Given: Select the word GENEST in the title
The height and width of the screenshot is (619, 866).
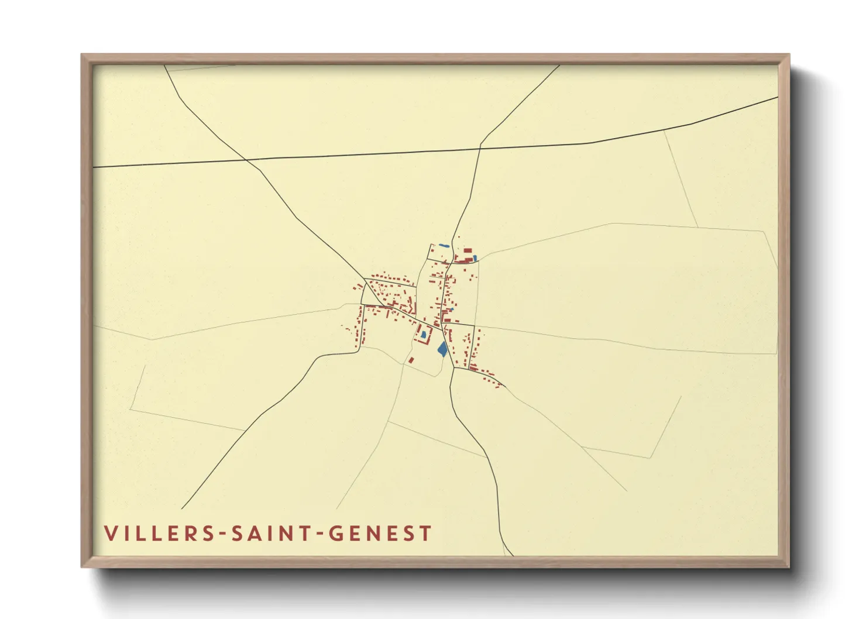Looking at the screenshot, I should pos(380,534).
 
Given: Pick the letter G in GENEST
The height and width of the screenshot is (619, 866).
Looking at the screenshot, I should pos(335,534).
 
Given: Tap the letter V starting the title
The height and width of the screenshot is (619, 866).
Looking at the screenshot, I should pos(110,534).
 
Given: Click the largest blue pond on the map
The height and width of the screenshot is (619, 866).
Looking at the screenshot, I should pos(442,349).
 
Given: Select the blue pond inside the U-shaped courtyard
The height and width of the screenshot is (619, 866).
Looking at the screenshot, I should pos(423,335).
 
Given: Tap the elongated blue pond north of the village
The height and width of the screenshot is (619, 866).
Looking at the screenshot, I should pos(445,245).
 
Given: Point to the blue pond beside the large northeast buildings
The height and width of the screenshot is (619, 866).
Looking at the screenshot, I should pos(475,257).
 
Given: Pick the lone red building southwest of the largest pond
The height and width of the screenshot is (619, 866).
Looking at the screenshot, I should pos(411,360).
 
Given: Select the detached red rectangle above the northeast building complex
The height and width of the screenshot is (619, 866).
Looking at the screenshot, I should pos(468,250).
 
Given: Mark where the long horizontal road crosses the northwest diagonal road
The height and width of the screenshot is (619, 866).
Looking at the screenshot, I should pos(246,159).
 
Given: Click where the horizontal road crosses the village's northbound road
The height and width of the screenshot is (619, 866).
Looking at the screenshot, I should pos(480,147).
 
